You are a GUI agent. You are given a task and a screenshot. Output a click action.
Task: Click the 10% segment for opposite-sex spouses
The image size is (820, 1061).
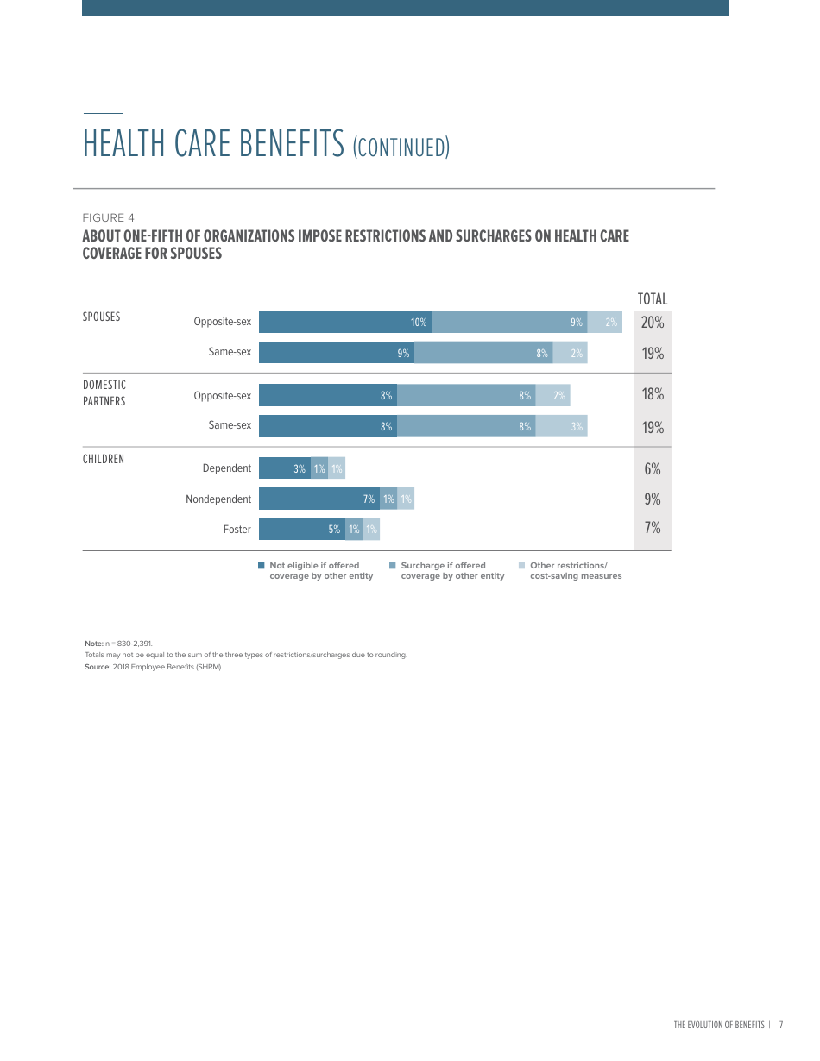pyautogui.click(x=345, y=322)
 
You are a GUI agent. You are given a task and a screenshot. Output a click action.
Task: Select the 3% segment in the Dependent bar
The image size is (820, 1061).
pyautogui.click(x=285, y=468)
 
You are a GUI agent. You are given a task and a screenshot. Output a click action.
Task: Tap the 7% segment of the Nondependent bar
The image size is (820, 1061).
pyautogui.click(x=319, y=499)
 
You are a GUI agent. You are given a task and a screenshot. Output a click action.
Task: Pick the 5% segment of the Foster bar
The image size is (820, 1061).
pyautogui.click(x=302, y=530)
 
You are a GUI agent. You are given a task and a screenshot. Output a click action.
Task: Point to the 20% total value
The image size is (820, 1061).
pyautogui.click(x=653, y=322)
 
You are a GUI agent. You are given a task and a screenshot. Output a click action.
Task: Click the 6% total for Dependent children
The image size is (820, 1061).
pyautogui.click(x=653, y=468)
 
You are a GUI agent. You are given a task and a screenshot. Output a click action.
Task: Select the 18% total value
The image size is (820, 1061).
pyautogui.click(x=653, y=394)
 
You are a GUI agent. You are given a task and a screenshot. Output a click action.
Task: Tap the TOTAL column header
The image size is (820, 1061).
pyautogui.click(x=653, y=299)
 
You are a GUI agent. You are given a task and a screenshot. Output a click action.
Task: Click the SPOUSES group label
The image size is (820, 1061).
pyautogui.click(x=102, y=317)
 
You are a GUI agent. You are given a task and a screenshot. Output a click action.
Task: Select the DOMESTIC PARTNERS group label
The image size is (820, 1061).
pyautogui.click(x=104, y=393)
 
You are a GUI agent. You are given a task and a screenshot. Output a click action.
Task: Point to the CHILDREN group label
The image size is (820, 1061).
pyautogui.click(x=104, y=459)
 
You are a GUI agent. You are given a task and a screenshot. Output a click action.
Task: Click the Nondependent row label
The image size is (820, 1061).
pyautogui.click(x=218, y=499)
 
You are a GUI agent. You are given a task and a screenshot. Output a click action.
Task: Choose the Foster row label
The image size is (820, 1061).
pyautogui.click(x=237, y=530)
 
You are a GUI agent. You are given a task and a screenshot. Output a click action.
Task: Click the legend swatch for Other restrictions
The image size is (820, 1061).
pyautogui.click(x=521, y=566)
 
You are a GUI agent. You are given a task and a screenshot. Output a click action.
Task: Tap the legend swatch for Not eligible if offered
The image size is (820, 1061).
pyautogui.click(x=261, y=566)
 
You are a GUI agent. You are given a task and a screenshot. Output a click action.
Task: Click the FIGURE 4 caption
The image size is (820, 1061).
pyautogui.click(x=108, y=218)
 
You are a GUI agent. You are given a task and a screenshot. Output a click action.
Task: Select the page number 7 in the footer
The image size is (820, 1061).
pyautogui.click(x=780, y=1025)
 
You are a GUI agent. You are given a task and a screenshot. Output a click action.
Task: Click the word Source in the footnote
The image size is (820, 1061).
pyautogui.click(x=97, y=667)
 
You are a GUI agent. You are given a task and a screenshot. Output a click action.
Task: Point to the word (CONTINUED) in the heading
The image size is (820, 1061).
pyautogui.click(x=401, y=148)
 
